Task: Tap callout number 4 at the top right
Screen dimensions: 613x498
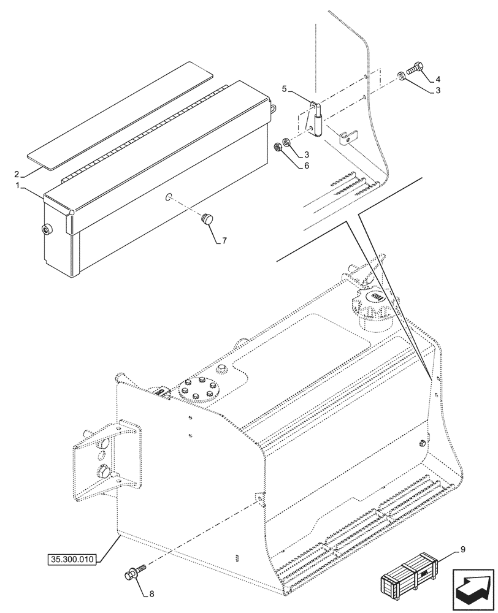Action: tap(439, 80)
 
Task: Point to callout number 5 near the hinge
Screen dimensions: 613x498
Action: tap(285, 89)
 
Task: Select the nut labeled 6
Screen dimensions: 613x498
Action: tap(278, 147)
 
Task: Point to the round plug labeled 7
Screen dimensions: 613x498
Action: tap(207, 218)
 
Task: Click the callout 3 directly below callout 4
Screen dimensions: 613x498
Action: tap(439, 91)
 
